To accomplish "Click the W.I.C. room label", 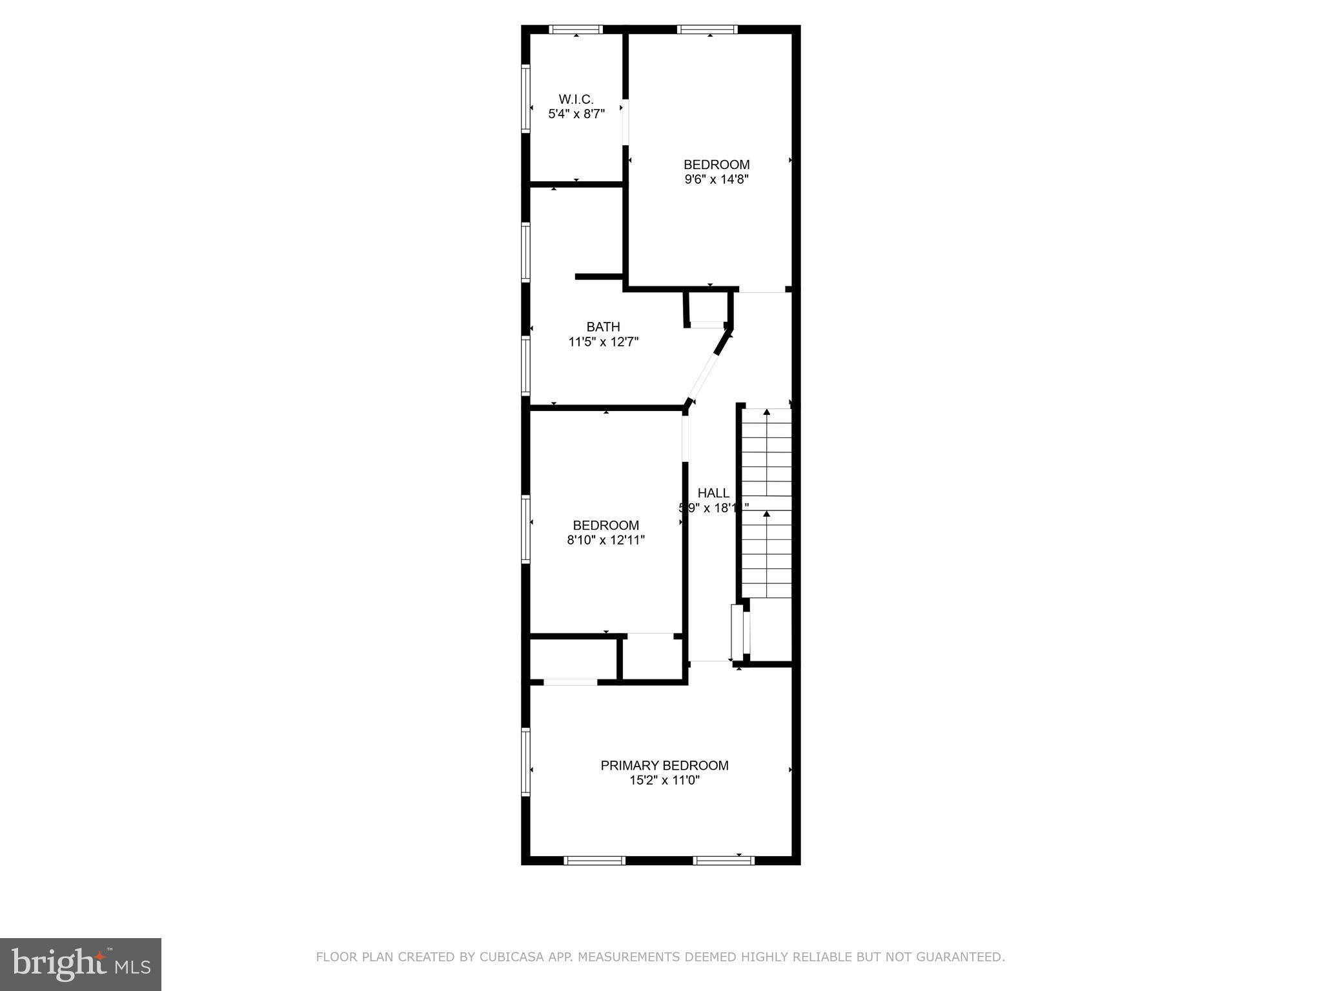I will [x=576, y=99].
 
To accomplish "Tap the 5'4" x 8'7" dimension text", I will [x=576, y=115].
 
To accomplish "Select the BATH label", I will [x=603, y=327].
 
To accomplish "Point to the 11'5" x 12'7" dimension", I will [x=603, y=342].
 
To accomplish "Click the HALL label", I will [x=713, y=494].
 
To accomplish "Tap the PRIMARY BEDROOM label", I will [x=664, y=766].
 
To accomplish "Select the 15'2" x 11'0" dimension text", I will [x=664, y=781].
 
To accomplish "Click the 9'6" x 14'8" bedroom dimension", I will [x=717, y=179].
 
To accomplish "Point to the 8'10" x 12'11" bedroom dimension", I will [x=605, y=541].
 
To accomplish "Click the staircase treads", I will [x=766, y=503].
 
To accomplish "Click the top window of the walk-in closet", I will [x=576, y=30].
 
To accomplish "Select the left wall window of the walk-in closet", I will [x=526, y=99].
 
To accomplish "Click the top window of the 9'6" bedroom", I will [x=707, y=30].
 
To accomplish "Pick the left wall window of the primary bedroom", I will [x=526, y=761].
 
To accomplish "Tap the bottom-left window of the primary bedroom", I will [x=595, y=860].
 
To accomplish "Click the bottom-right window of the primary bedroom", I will [x=724, y=860].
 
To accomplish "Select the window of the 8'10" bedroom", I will [x=526, y=529].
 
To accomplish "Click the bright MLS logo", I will [x=80, y=965].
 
